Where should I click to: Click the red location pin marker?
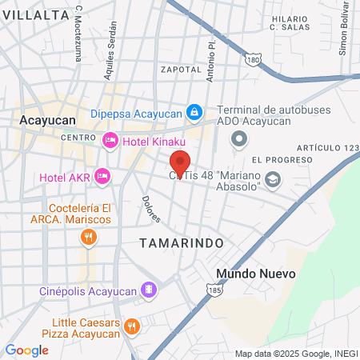click(181, 164)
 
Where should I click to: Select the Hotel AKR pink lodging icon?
click(102, 176)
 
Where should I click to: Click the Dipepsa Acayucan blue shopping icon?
click(194, 113)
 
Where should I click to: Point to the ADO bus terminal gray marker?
click(238, 140)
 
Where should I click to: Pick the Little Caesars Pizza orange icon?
click(133, 326)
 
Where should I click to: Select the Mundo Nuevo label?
click(256, 274)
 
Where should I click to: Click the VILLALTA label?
click(35, 14)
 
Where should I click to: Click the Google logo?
click(26, 350)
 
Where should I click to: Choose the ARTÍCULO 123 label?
click(328, 148)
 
